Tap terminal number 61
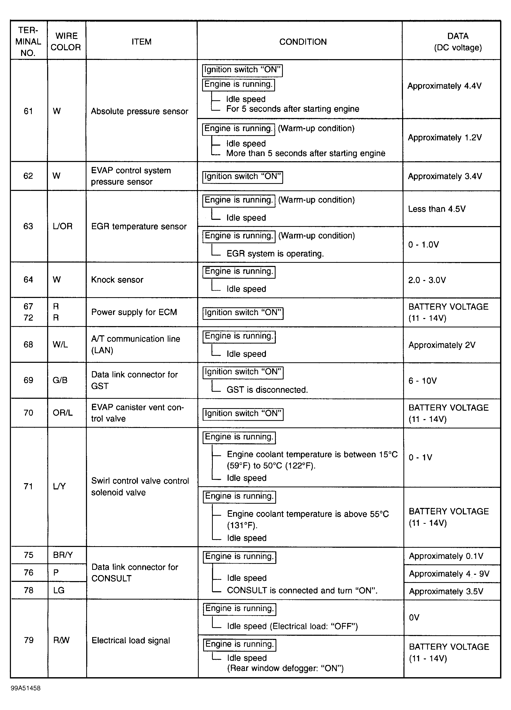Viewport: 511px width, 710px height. tap(28, 111)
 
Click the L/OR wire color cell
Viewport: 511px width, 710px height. tap(63, 226)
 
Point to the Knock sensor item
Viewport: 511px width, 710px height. tap(117, 279)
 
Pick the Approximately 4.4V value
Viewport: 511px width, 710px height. tap(444, 86)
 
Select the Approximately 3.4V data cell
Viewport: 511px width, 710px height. tap(445, 176)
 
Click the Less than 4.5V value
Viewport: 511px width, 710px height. tap(437, 209)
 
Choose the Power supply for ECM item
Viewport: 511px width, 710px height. tap(134, 312)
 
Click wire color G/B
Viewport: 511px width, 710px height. tap(60, 380)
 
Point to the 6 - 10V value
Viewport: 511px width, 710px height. tap(422, 381)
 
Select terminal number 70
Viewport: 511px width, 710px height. tap(28, 413)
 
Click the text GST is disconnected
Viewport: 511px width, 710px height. tap(267, 390)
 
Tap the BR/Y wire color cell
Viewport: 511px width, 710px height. tap(63, 555)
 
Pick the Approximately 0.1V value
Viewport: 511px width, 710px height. tap(446, 556)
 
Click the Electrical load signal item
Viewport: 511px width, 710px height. tap(130, 640)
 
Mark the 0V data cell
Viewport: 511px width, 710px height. tap(414, 617)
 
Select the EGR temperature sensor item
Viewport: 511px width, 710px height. tap(139, 226)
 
